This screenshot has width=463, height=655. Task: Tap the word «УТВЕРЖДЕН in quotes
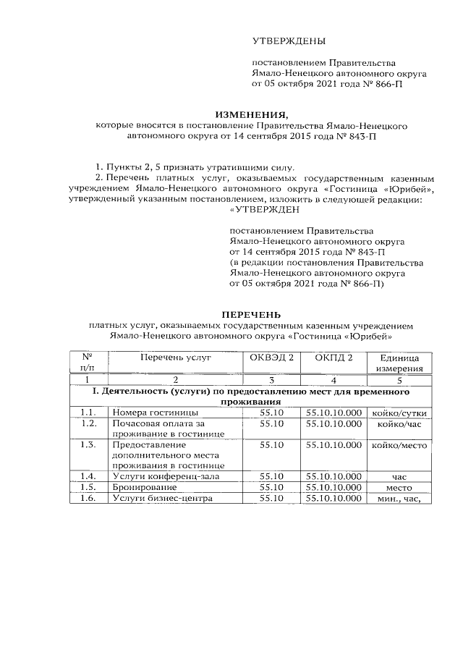tap(262, 211)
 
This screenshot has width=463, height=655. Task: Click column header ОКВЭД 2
tap(271, 357)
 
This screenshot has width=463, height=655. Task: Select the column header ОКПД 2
tap(334, 357)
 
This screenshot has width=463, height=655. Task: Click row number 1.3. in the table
tap(89, 444)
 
